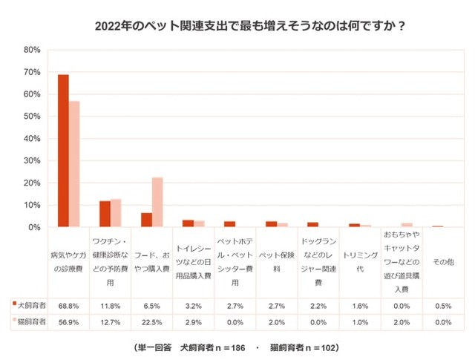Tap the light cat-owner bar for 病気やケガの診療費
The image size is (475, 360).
[74, 164]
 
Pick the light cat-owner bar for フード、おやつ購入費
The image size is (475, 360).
[157, 202]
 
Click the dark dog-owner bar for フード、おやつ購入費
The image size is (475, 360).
[146, 220]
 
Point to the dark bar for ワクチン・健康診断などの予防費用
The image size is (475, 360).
[105, 214]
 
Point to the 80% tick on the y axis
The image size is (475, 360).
[31, 50]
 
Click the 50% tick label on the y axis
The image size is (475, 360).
[31, 117]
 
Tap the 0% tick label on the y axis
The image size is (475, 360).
[33, 227]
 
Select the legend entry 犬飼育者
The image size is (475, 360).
[29, 305]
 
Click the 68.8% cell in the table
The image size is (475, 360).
[69, 305]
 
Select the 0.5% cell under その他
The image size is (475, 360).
[442, 305]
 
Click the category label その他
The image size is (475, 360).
[442, 262]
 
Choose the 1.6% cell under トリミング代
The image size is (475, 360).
[359, 305]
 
